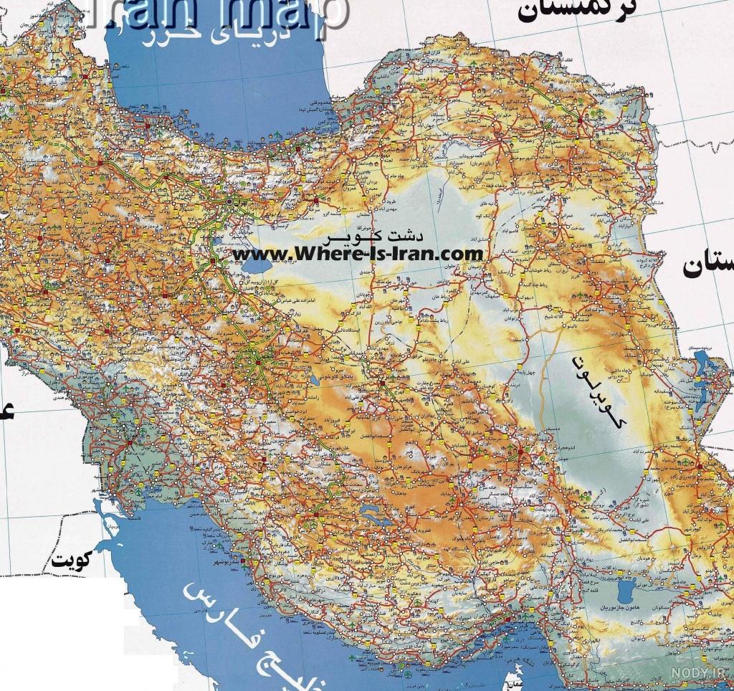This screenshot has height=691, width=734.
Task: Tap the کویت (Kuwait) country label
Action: click(74, 559)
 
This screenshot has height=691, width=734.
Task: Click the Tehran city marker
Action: click(229, 201)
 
